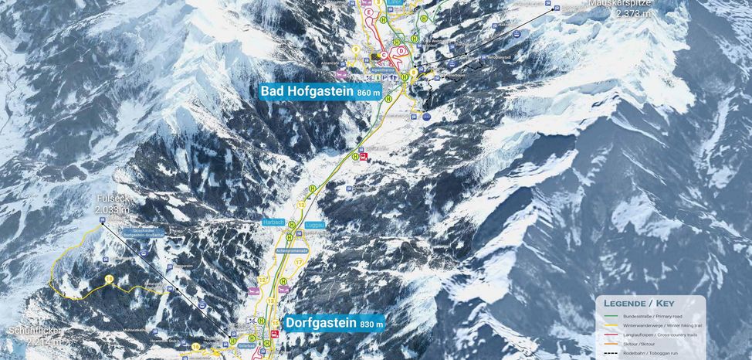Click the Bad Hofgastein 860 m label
point(320,91)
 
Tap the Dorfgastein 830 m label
point(334,323)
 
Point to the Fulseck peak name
point(112,199)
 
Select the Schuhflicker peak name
point(35,331)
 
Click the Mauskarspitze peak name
point(620,3)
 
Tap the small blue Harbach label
point(274,222)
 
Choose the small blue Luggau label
point(315,224)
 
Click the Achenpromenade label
point(292,251)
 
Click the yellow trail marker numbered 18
point(110,279)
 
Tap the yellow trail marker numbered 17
point(299,262)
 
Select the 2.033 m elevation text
point(112,209)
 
